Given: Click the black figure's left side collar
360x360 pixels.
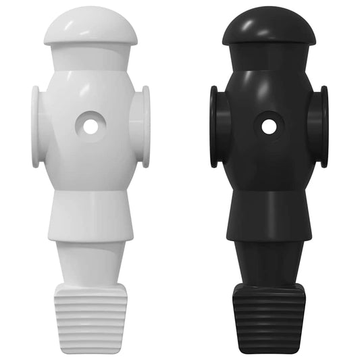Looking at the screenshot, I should (215, 126).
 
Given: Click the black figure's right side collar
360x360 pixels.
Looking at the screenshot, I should (323, 126).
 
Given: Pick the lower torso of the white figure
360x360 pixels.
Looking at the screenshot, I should (89, 213).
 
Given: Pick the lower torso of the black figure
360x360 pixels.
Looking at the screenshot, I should (269, 213).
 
